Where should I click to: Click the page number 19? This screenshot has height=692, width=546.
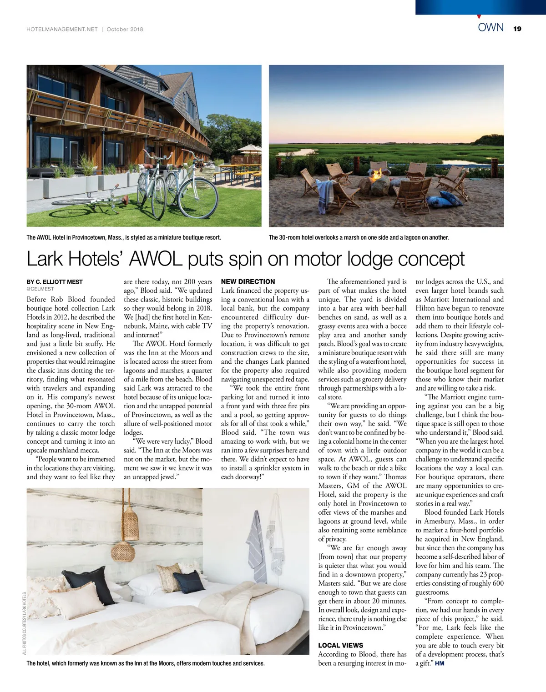[x=517, y=29]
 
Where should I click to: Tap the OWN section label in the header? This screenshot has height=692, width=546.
[x=490, y=27]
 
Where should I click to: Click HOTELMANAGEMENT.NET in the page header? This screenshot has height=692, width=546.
[x=62, y=29]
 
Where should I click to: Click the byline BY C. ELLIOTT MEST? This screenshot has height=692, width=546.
[x=55, y=282]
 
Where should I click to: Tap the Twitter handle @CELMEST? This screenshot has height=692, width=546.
[x=40, y=289]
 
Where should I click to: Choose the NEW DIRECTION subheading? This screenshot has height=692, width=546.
[x=248, y=282]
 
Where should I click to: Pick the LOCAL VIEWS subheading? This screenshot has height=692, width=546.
[x=340, y=645]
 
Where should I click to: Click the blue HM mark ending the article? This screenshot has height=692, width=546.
[x=440, y=663]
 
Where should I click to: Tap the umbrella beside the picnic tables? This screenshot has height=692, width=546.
[x=249, y=149]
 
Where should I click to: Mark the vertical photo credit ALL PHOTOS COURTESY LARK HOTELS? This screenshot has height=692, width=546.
[x=24, y=623]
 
